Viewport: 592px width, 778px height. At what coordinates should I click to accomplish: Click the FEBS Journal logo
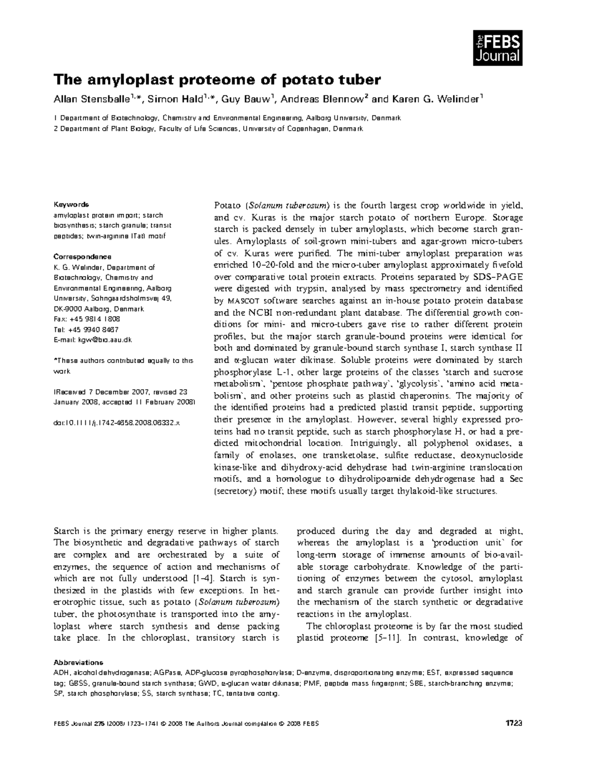click(497, 47)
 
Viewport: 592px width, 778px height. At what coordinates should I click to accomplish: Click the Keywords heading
click(71, 204)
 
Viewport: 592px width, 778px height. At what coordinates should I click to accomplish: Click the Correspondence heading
click(82, 257)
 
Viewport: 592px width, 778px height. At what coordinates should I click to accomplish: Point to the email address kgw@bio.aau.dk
click(105, 340)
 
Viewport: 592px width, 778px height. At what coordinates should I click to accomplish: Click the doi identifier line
click(116, 423)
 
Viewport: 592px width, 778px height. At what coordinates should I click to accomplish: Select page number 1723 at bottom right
click(514, 724)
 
